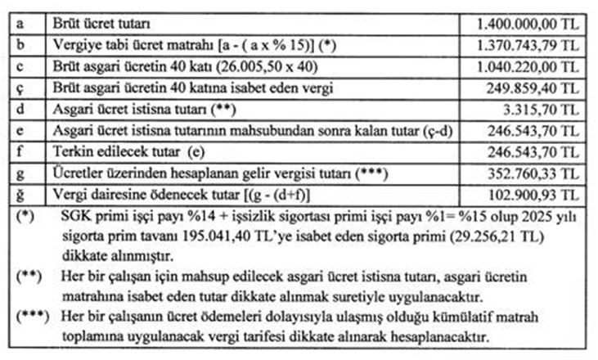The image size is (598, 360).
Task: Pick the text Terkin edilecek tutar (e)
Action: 137,151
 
